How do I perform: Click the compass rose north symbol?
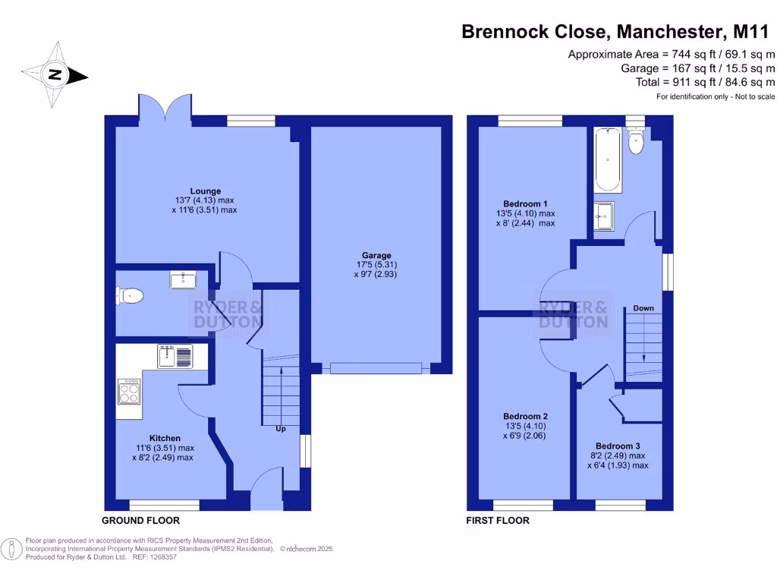[55, 75]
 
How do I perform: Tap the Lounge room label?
[206, 191]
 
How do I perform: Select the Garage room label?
[376, 256]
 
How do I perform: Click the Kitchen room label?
[165, 438]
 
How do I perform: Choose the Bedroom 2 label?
[525, 417]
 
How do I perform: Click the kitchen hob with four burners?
[129, 392]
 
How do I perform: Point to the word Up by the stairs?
[281, 429]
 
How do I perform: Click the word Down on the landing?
[643, 308]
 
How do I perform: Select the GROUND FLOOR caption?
[141, 521]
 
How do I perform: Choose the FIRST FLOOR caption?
[499, 521]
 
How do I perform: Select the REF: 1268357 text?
[154, 557]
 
